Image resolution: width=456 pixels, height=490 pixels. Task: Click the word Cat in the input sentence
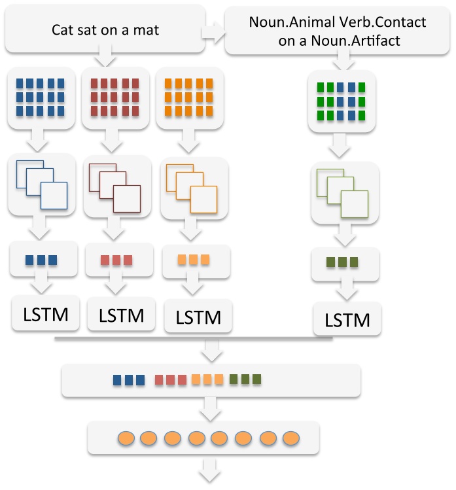[63, 30]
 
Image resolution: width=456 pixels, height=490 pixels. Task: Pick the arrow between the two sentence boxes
[212, 30]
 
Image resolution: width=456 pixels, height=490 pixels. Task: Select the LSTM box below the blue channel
[45, 314]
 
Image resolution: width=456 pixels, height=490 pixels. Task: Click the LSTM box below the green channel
[347, 321]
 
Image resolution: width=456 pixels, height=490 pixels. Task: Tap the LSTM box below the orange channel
[196, 318]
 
